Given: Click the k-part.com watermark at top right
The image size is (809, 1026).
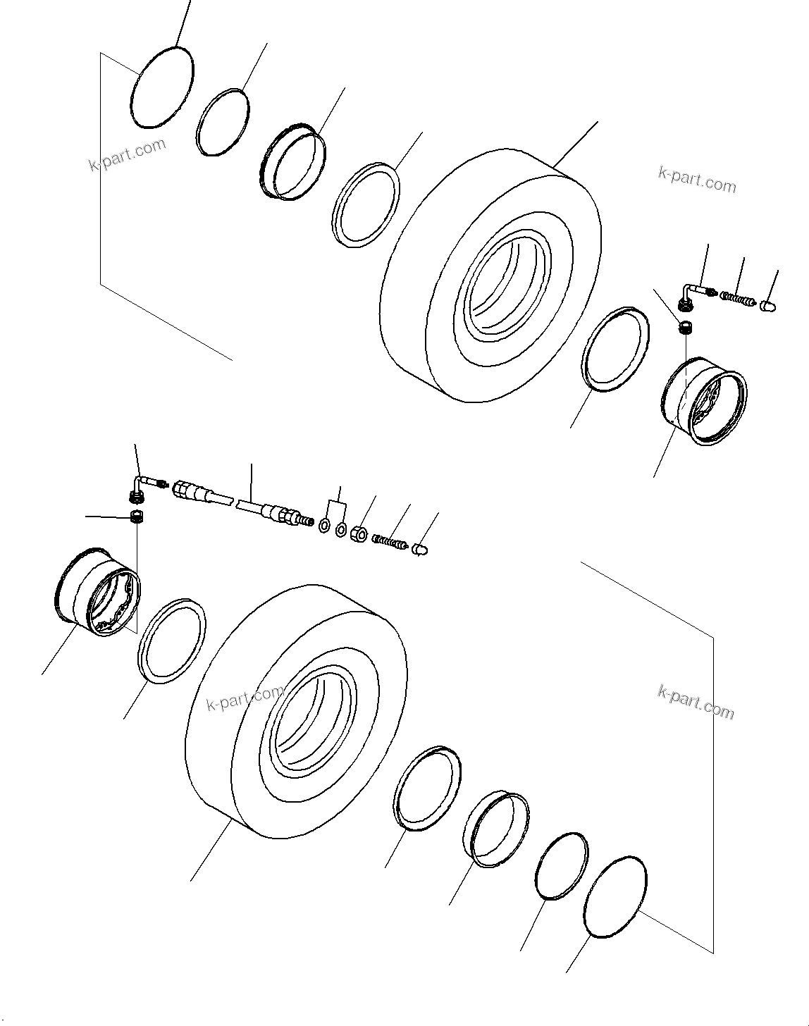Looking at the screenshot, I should click(x=697, y=179).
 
